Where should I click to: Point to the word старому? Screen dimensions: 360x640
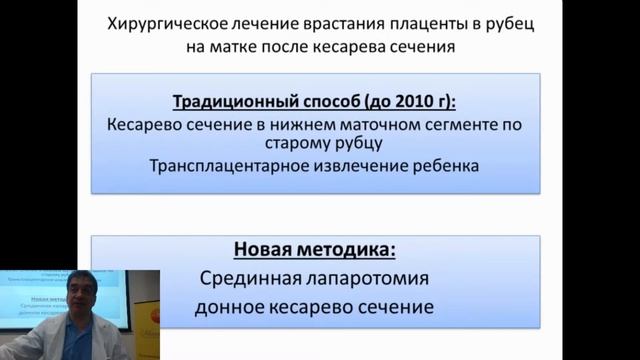[x=287, y=145]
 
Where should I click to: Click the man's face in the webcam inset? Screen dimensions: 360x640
[x=77, y=304]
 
